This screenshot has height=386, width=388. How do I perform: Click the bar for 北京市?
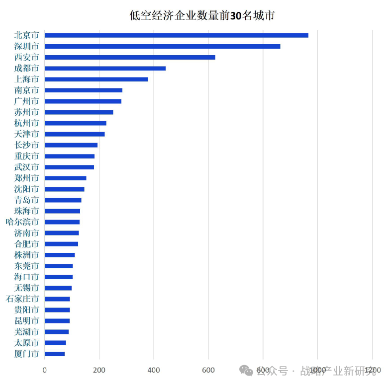click(176, 35)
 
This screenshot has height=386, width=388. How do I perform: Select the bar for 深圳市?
click(162, 46)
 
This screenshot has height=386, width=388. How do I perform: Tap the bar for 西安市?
click(130, 57)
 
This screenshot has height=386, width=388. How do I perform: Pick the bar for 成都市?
click(105, 68)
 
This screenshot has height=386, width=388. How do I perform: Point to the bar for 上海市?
click(96, 79)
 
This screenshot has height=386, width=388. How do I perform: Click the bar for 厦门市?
click(55, 354)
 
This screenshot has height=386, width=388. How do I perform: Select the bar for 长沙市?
click(71, 145)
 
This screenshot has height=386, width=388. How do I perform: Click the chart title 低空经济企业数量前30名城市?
click(202, 15)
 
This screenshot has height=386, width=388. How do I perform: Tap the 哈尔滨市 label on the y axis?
click(22, 222)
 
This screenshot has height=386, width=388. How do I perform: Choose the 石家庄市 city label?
click(22, 299)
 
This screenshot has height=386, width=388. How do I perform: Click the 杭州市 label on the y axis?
click(26, 123)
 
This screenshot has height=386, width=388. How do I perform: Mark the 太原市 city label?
click(26, 343)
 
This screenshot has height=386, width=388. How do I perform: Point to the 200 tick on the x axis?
click(99, 370)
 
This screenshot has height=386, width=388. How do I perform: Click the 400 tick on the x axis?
click(154, 370)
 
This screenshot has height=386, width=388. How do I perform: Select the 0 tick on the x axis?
click(45, 370)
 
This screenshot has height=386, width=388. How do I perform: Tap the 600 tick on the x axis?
click(208, 370)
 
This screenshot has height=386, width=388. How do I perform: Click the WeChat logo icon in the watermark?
click(246, 371)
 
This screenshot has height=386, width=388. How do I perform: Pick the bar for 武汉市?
click(69, 167)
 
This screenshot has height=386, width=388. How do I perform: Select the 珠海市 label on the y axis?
click(26, 211)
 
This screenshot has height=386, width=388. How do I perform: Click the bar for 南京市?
click(83, 90)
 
